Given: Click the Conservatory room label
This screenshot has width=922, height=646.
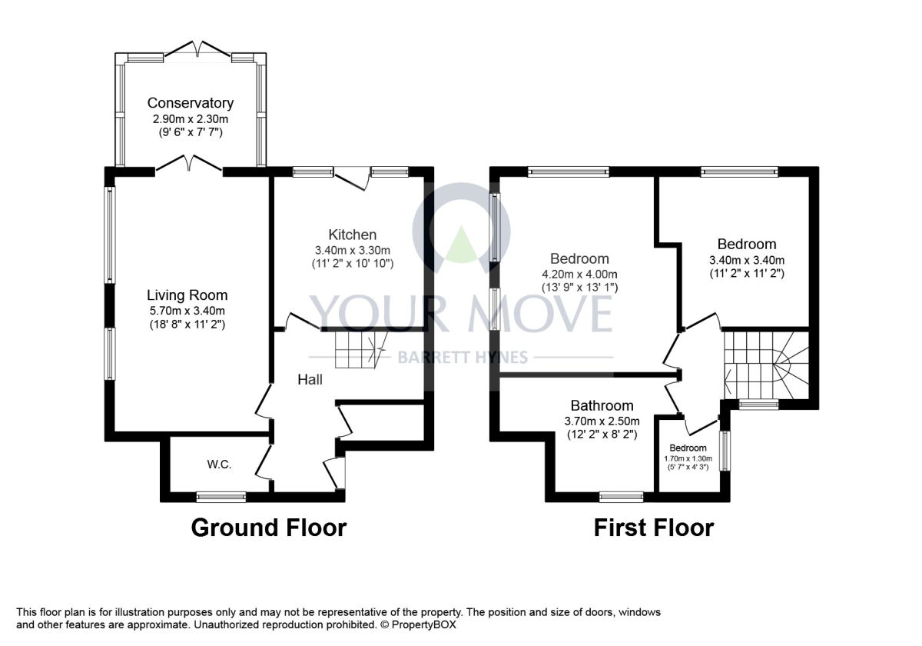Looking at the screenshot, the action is pos(191,102).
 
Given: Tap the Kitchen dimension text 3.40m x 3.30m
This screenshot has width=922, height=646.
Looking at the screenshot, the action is pos(353,250).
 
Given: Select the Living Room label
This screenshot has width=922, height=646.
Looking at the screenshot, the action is pos(187,295).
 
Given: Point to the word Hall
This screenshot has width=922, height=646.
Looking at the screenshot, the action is pos(310,379).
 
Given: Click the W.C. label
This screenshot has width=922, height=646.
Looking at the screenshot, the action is pos(220,465).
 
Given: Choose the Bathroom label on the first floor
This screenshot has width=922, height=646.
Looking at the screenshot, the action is pos(602,405).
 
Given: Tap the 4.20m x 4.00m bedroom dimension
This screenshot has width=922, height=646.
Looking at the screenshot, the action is pos(579,274).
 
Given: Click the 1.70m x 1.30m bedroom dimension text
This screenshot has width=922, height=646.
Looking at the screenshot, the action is pos(688,458).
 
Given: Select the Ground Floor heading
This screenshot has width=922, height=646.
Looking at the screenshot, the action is pos(269,528).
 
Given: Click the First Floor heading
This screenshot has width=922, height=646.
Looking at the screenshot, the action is pos(654,528).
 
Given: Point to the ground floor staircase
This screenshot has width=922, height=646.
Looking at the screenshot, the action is pos(361,350).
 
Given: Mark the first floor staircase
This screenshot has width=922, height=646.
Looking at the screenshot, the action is pos(767,365).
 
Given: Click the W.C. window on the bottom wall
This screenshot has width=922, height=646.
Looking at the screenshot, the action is pos(221,497).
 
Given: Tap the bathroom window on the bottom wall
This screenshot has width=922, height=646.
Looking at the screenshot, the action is pos(621,497).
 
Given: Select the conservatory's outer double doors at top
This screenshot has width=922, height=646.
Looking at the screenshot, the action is pos(197,48).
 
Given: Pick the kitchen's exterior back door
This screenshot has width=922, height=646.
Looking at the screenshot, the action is pos(350,179).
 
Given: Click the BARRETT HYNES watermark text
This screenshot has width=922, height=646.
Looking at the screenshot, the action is pos(463,357).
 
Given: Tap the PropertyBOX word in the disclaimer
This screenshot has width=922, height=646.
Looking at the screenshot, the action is pos(423,624).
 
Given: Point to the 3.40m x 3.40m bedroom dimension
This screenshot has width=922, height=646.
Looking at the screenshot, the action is pos(747,261).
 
